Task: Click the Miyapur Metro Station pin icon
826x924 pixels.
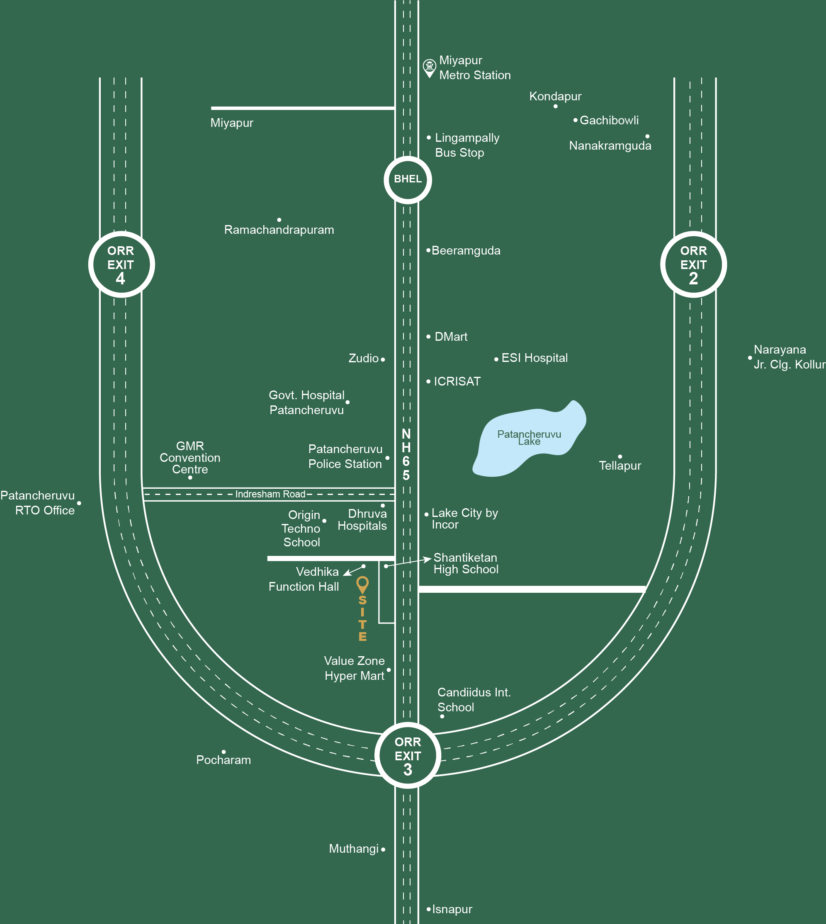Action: point(429,68)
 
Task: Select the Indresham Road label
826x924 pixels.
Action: point(270,494)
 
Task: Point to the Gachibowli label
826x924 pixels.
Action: point(609,120)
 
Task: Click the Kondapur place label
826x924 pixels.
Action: point(555,96)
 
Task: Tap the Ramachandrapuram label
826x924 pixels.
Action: point(279,230)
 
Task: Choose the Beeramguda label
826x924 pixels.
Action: point(466,250)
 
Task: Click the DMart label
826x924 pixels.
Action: point(451,337)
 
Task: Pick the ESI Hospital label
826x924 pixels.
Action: point(534,358)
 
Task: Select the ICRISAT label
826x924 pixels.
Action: point(457,381)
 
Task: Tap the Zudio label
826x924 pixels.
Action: point(364,358)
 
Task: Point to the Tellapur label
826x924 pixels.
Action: point(620,466)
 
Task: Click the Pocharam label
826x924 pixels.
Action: point(223,760)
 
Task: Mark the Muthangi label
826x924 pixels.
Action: point(354,849)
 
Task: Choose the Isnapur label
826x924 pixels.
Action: point(452,909)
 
